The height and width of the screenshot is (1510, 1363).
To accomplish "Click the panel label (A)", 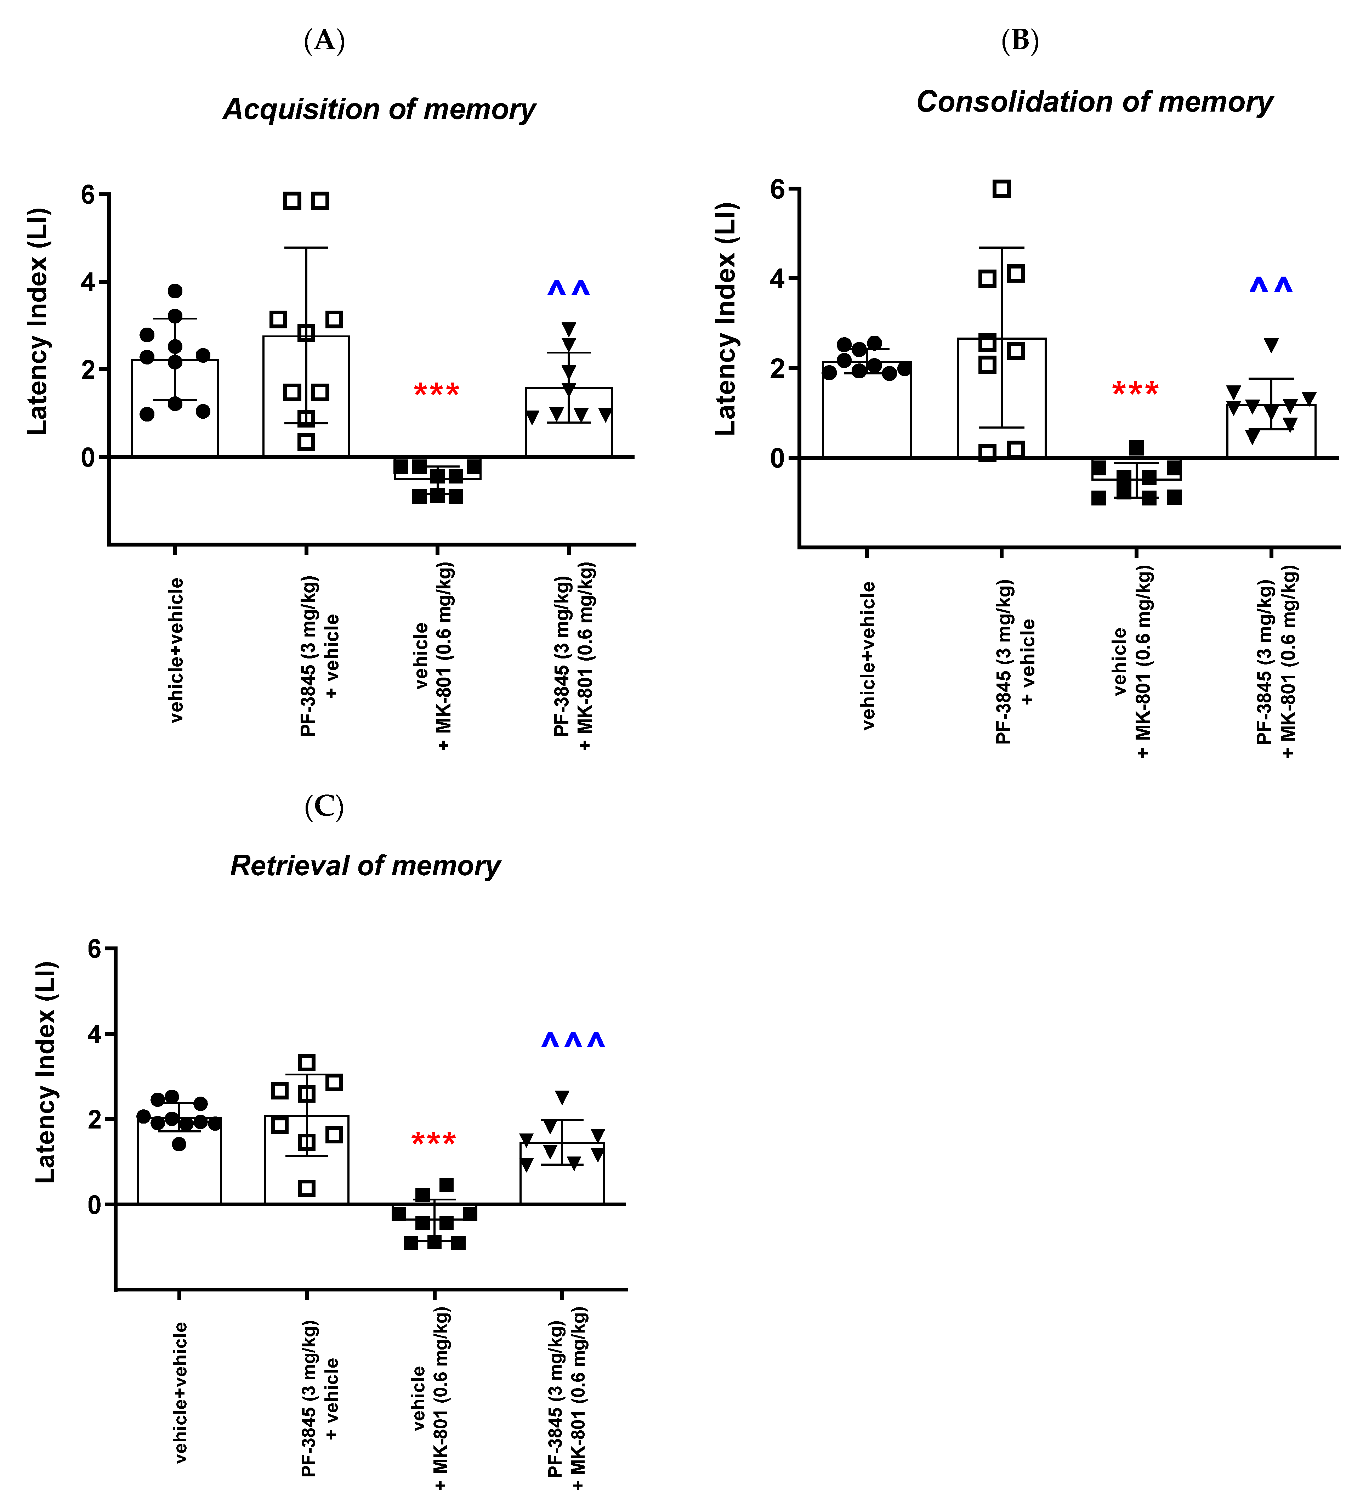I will (324, 40).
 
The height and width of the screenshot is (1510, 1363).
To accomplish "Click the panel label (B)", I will (1020, 40).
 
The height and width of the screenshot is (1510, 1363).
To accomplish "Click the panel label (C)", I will (324, 807).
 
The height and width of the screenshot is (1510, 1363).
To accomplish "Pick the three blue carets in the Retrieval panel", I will (573, 1040).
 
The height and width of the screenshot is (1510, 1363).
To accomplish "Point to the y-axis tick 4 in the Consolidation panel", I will (779, 279).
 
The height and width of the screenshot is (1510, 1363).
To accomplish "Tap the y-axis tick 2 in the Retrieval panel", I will (95, 1119).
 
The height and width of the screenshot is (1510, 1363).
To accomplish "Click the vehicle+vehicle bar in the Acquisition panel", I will (175, 408).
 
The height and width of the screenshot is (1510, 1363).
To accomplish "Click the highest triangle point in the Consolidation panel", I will (1271, 345).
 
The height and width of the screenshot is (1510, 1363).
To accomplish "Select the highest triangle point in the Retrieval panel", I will (562, 1097).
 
